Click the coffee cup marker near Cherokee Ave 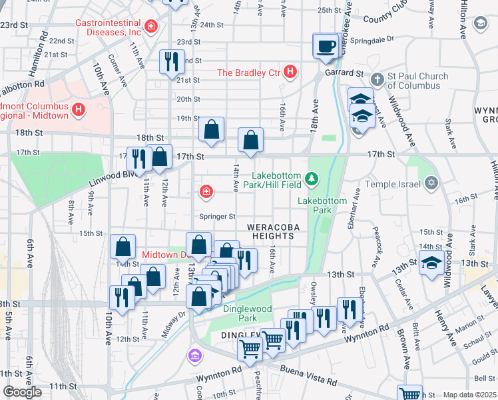click(x=326, y=46)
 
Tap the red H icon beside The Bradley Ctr click(x=290, y=71)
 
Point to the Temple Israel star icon click(x=431, y=183)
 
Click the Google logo click(x=22, y=392)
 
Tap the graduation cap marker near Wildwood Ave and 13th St click(x=431, y=263)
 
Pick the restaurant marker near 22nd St click(x=172, y=62)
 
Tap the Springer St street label click(x=218, y=217)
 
